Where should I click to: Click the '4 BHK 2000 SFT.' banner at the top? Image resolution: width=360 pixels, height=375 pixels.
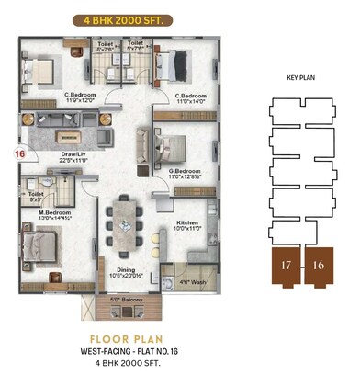tap(119, 17)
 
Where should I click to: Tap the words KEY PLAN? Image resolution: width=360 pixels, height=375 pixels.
tap(301, 79)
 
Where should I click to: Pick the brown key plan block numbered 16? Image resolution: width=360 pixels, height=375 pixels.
tap(318, 267)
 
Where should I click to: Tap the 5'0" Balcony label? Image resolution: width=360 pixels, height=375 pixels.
tap(128, 300)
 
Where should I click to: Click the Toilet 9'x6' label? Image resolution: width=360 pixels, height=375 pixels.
tap(36, 196)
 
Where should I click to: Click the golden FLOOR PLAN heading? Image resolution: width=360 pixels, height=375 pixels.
tap(119, 337)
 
